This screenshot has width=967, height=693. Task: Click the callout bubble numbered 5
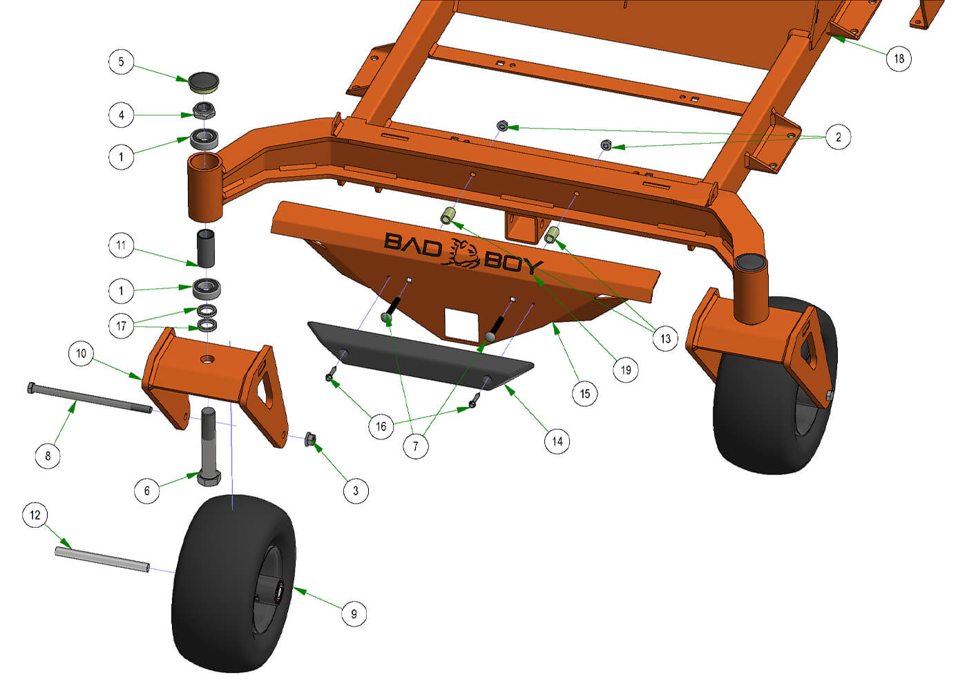pos(121,61)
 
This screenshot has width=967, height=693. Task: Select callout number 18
pos(899,59)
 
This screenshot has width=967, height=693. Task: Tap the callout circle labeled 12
pos(35,515)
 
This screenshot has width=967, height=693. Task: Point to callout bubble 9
pos(354,614)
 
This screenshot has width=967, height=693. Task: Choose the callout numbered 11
pos(121,245)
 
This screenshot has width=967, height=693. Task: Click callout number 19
pos(626,370)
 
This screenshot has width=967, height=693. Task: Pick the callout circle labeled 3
pos(356,491)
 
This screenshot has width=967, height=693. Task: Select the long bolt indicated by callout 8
pos(90,398)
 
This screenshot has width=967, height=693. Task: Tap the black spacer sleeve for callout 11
pos(206,249)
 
